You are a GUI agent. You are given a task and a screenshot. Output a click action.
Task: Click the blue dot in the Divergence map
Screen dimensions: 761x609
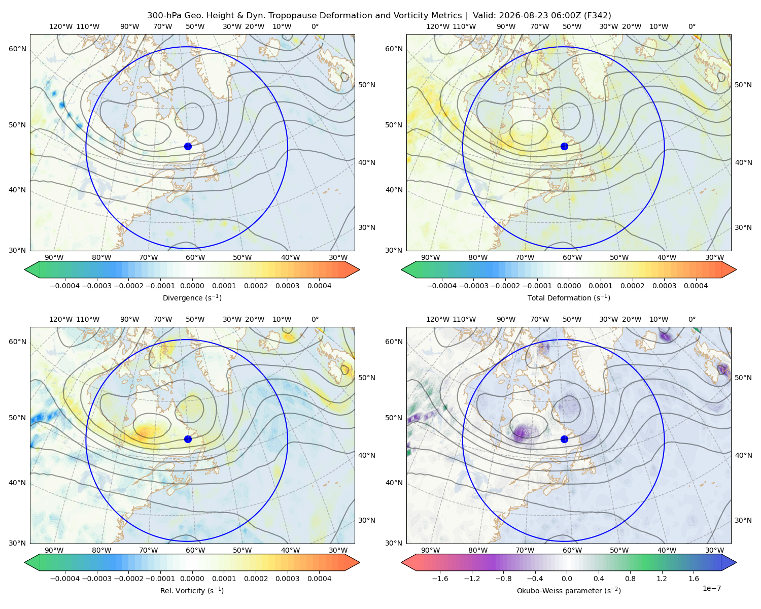click(x=188, y=147)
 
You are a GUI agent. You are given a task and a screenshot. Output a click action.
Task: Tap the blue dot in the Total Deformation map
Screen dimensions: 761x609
click(x=564, y=147)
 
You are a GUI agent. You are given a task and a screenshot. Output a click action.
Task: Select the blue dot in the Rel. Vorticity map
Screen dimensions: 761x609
click(x=188, y=439)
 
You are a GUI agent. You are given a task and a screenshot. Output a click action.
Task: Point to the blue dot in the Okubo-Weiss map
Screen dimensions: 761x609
click(x=564, y=439)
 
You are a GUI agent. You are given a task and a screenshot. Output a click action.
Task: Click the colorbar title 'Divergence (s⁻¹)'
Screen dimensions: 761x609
click(x=192, y=298)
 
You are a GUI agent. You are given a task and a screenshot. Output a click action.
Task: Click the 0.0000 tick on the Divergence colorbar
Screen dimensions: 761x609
click(x=192, y=286)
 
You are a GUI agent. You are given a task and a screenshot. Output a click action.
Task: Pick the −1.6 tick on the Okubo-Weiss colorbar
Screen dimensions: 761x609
click(x=440, y=579)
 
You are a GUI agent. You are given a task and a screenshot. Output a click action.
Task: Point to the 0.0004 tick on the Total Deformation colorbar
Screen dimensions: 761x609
click(x=696, y=286)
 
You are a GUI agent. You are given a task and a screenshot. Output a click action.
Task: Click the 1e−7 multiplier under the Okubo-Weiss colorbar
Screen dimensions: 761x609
click(x=711, y=589)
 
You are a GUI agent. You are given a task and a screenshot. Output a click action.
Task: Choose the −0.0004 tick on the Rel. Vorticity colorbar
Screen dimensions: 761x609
click(x=65, y=579)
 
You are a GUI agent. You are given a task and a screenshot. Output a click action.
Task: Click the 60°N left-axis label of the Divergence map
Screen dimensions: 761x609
click(x=17, y=49)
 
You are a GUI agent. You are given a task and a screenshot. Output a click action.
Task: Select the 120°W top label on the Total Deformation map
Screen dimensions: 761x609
click(x=438, y=26)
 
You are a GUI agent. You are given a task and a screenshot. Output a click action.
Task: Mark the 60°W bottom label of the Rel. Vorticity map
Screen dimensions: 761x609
click(x=195, y=550)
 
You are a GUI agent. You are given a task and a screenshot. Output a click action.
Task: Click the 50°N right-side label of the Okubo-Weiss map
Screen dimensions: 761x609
click(x=743, y=378)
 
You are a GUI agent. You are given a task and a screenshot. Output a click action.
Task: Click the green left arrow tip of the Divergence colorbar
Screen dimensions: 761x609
click(x=25, y=269)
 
